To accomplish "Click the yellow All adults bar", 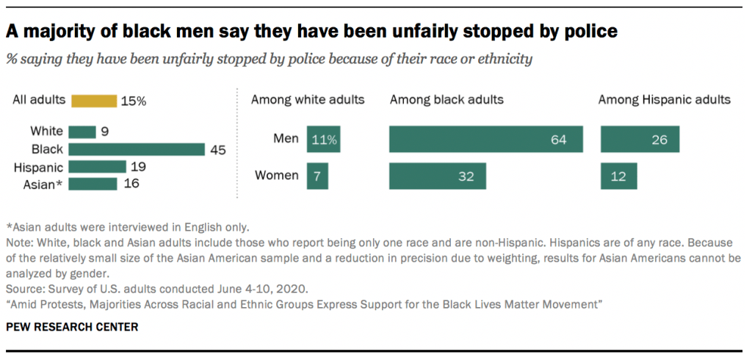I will [93, 101].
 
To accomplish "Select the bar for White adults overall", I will [83, 132].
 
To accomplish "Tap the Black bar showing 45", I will [137, 149].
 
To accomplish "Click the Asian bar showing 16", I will [93, 184].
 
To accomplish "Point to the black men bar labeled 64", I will [485, 140].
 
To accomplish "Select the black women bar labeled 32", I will [437, 176].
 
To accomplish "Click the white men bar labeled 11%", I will [324, 140].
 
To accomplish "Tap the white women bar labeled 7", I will [318, 176].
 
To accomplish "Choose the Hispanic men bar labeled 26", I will [640, 140].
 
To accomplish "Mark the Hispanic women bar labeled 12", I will [618, 176].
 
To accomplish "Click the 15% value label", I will [134, 101].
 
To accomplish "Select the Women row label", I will [277, 176].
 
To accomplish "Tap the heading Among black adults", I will [446, 99].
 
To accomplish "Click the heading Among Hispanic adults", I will [665, 99].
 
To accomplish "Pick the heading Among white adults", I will [308, 99].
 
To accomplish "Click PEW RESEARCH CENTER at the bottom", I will [72, 326].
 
